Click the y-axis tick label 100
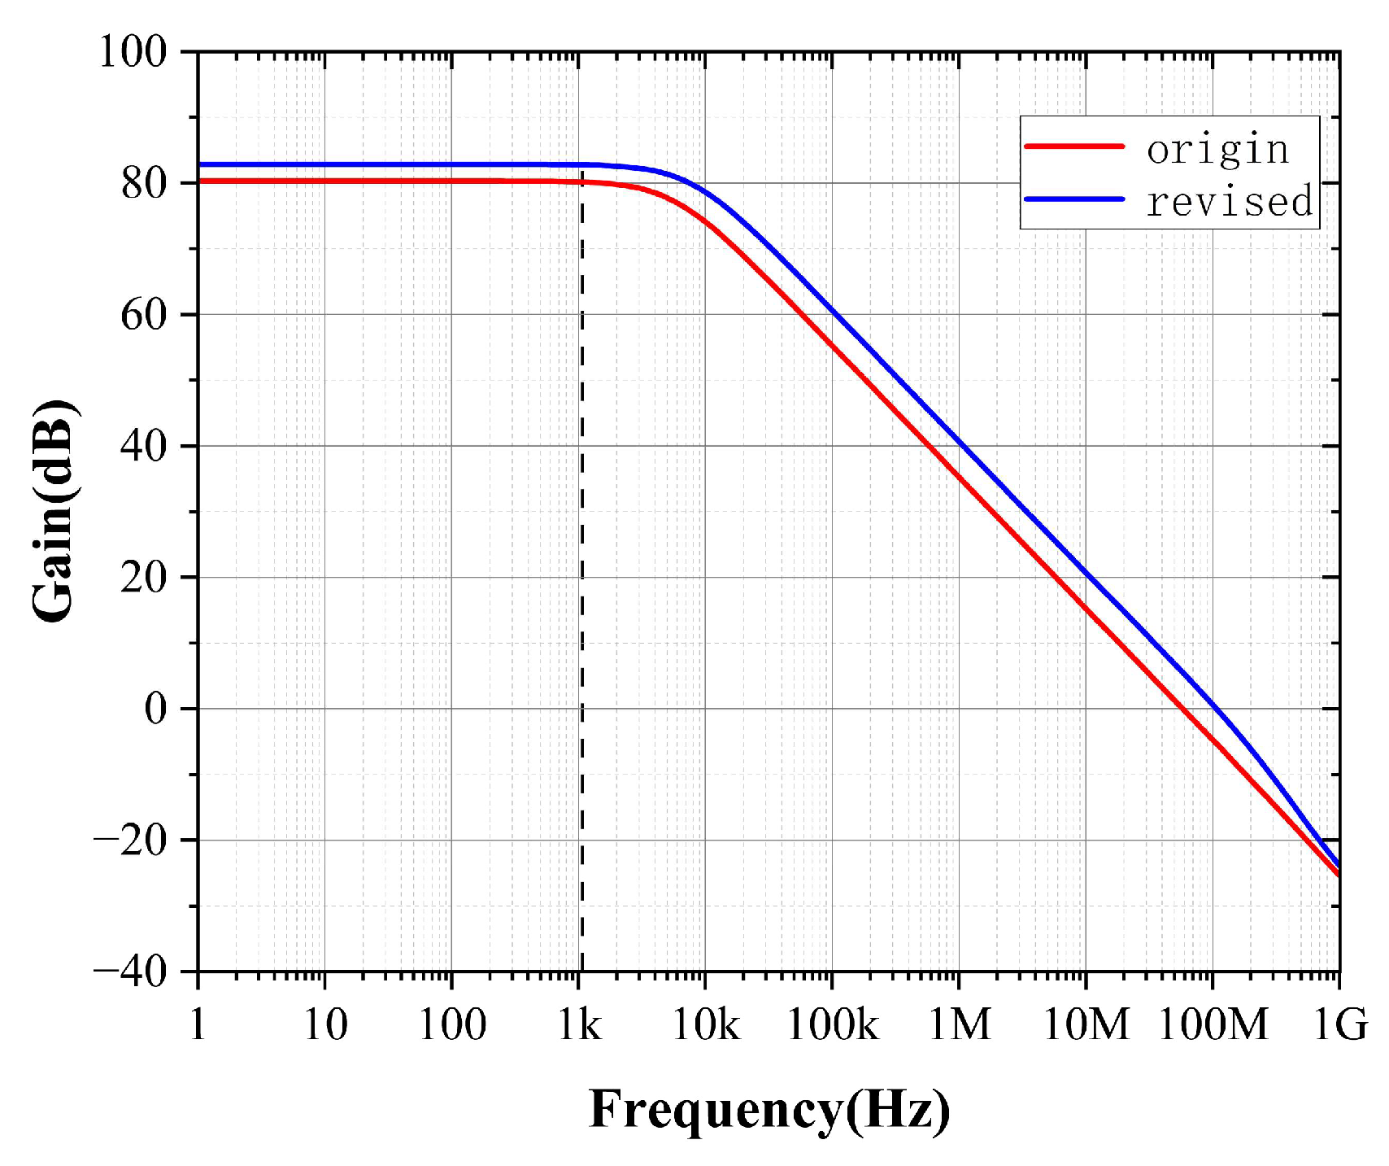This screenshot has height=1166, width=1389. pyautogui.click(x=133, y=52)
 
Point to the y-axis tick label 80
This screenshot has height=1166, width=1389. pyautogui.click(x=144, y=184)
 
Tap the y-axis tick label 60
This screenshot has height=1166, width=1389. pyautogui.click(x=144, y=315)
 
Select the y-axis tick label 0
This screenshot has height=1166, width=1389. pyautogui.click(x=155, y=709)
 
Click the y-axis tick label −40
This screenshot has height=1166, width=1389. pyautogui.click(x=131, y=971)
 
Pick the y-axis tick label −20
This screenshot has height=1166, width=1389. pyautogui.click(x=131, y=840)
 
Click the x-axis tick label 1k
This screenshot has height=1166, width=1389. pyautogui.click(x=579, y=1025)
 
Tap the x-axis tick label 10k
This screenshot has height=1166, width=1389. pyautogui.click(x=705, y=1025)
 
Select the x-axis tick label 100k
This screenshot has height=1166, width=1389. pyautogui.click(x=832, y=1025)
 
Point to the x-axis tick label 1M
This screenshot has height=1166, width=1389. pyautogui.click(x=960, y=1025)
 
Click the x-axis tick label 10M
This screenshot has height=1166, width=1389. pyautogui.click(x=1086, y=1025)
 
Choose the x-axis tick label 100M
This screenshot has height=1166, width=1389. pyautogui.click(x=1213, y=1025)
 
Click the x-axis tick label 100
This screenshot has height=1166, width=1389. pyautogui.click(x=451, y=1025)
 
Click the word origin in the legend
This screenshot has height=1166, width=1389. pyautogui.click(x=1217, y=150)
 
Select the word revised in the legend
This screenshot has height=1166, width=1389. pyautogui.click(x=1229, y=201)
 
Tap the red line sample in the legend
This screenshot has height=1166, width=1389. pyautogui.click(x=1073, y=146)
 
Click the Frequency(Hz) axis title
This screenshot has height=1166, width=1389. pyautogui.click(x=769, y=1110)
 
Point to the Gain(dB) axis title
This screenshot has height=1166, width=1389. pyautogui.click(x=54, y=511)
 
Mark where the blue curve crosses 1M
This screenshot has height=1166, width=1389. pyautogui.click(x=959, y=443)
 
